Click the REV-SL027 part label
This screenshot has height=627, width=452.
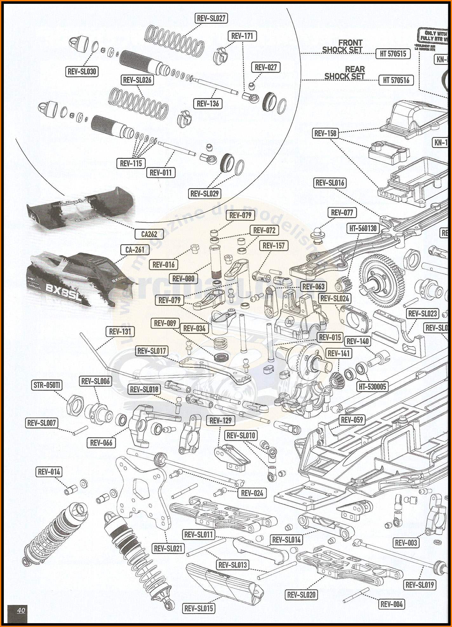click(x=211, y=18)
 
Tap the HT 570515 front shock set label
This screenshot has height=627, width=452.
click(x=393, y=54)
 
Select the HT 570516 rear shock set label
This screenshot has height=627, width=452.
click(x=396, y=80)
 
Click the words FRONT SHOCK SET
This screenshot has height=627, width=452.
click(x=343, y=46)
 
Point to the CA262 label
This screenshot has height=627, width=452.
click(x=149, y=234)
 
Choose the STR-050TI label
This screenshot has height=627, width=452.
click(x=47, y=385)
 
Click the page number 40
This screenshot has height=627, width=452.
click(x=21, y=610)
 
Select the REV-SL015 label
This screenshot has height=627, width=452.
click(x=199, y=608)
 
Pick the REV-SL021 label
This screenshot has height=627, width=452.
click(x=168, y=548)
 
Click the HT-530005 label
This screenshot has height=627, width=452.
click(x=372, y=386)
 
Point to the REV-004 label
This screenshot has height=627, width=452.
click(x=391, y=604)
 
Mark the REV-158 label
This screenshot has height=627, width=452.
click(x=325, y=133)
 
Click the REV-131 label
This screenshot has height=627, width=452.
click(x=120, y=331)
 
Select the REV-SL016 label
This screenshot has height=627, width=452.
click(x=330, y=183)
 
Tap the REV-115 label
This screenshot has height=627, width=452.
click(x=131, y=163)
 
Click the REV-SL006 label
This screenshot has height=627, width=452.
click(x=95, y=381)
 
